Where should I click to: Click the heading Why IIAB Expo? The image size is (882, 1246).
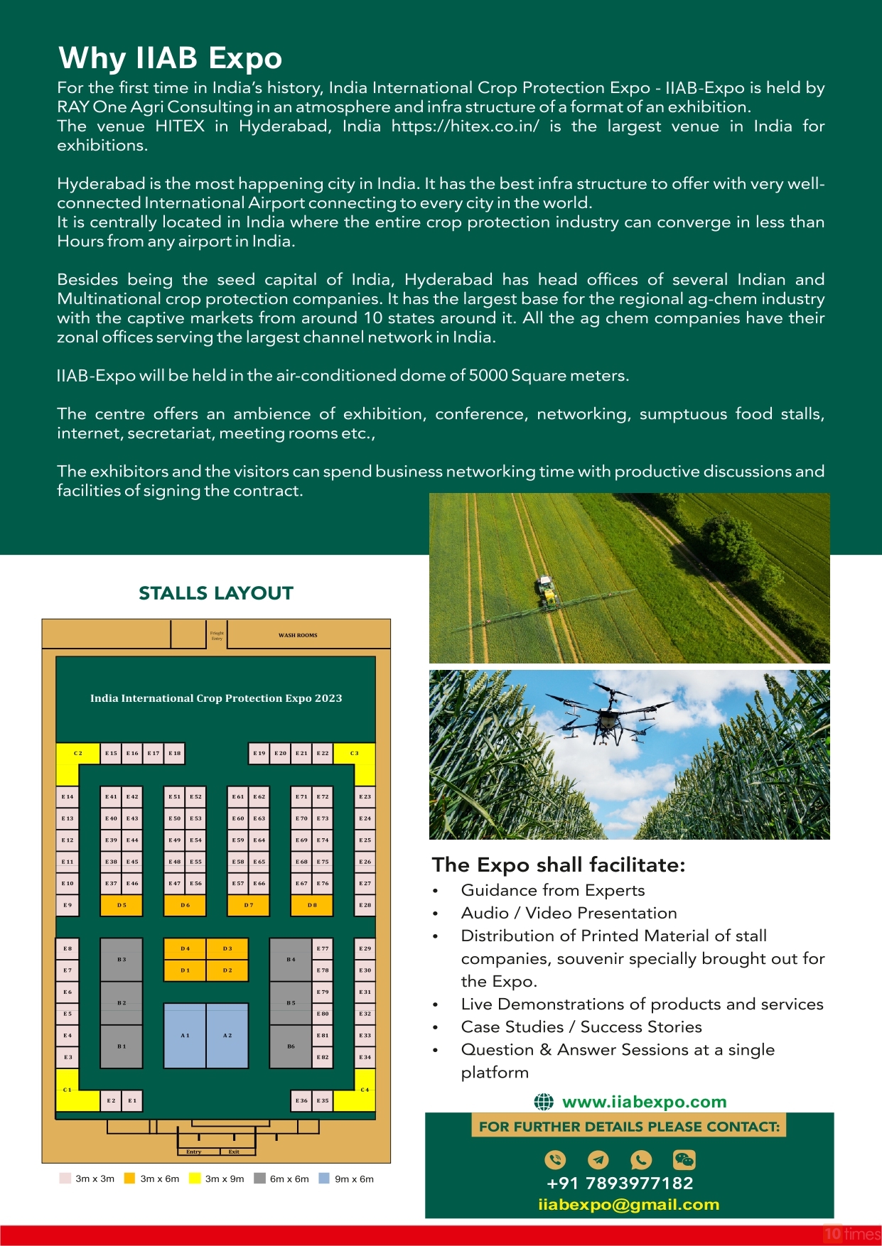coord(170,58)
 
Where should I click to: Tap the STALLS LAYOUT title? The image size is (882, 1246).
coord(216,593)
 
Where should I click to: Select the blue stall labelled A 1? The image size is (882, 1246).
coord(185,1035)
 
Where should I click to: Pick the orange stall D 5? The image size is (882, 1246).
coord(122,905)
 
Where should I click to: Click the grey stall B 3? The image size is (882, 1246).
coord(122,959)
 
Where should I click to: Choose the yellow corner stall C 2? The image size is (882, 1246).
coord(77,754)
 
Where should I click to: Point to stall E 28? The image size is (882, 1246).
coord(365,905)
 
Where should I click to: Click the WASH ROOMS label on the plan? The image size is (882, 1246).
coord(298,635)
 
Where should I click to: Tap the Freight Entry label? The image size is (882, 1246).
coord(217,635)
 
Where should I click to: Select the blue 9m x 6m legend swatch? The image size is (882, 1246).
coord(324,1178)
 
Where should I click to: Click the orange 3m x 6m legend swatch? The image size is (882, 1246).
coord(129,1178)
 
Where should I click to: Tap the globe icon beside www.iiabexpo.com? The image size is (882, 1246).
coord(544,1102)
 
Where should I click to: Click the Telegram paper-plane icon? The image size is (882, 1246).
coord(598,1159)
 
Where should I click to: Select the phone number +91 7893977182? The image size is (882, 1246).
coord(620,1183)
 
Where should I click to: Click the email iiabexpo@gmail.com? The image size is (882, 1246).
coord(628,1204)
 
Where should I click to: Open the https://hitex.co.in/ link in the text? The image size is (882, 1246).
coord(465,126)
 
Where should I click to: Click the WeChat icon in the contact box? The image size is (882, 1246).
coord(684,1159)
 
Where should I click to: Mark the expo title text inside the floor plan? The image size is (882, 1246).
coord(216,698)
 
